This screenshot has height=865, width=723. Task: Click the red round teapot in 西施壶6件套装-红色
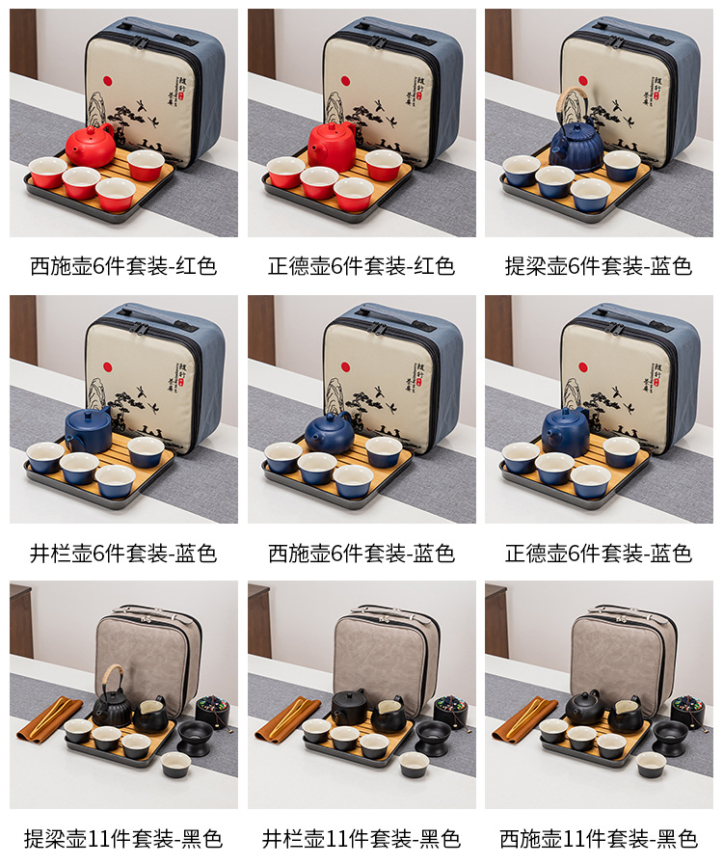(x=90, y=145)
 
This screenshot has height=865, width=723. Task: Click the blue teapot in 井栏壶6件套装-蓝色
(x=89, y=430)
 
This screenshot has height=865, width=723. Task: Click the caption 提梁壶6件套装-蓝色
(x=599, y=266)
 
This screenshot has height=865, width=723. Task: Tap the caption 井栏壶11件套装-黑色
(x=361, y=839)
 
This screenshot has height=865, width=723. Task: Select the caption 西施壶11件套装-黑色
(x=599, y=839)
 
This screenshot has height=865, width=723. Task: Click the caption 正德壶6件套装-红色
(x=361, y=266)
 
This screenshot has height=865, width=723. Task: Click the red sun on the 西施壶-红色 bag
(x=107, y=82)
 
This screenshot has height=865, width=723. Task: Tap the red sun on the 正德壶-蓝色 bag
(x=583, y=366)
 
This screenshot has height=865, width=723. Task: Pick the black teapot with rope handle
(x=113, y=697)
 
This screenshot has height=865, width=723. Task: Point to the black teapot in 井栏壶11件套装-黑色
(x=349, y=707)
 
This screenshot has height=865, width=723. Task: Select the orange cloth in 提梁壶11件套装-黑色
(x=48, y=718)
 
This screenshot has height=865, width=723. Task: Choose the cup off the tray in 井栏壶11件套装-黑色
(x=415, y=765)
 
